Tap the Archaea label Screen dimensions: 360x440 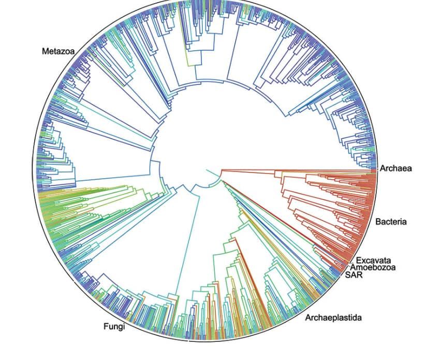(396, 168)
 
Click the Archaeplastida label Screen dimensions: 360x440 (333, 318)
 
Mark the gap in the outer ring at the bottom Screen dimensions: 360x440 (189, 341)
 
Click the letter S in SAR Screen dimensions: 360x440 (347, 275)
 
